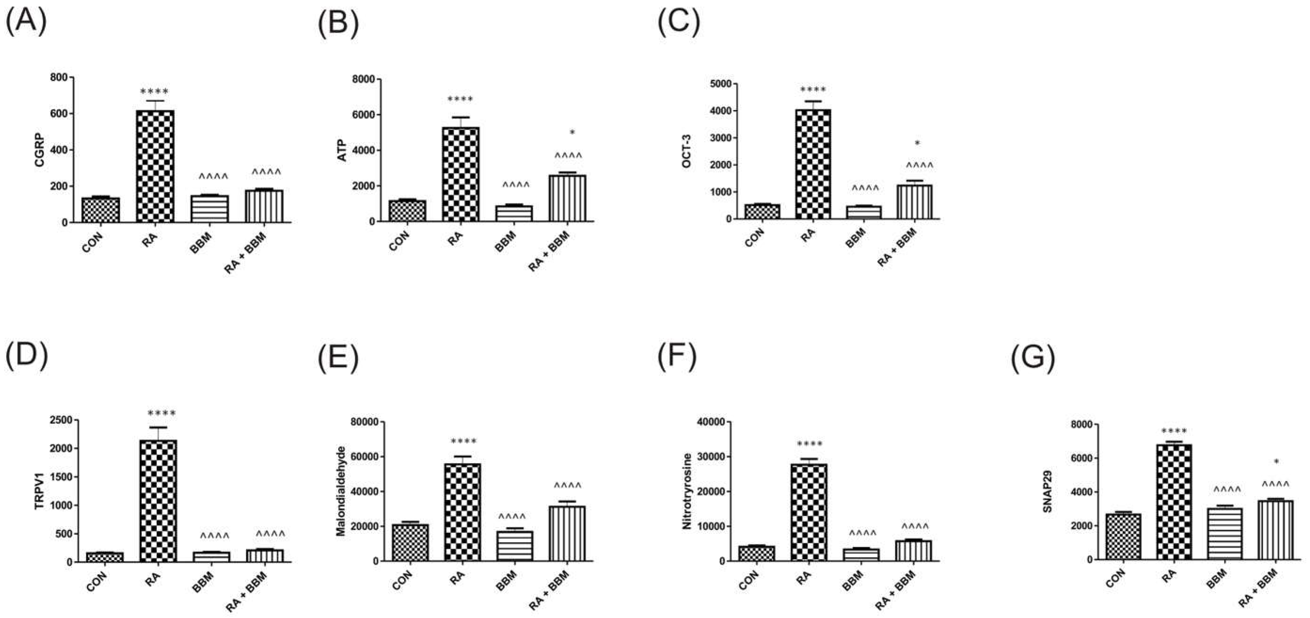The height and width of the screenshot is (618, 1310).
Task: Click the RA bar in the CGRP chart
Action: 155,166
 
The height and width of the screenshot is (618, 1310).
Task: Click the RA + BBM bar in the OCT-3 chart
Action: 914,202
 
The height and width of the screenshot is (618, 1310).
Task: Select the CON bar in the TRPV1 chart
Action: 104,557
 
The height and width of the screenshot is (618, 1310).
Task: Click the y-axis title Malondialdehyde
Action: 342,491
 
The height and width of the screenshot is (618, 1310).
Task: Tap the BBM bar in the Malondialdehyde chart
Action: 515,546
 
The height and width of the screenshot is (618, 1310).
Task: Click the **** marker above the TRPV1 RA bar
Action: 161,414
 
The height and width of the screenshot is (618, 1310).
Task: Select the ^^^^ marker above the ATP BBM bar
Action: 516,185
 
